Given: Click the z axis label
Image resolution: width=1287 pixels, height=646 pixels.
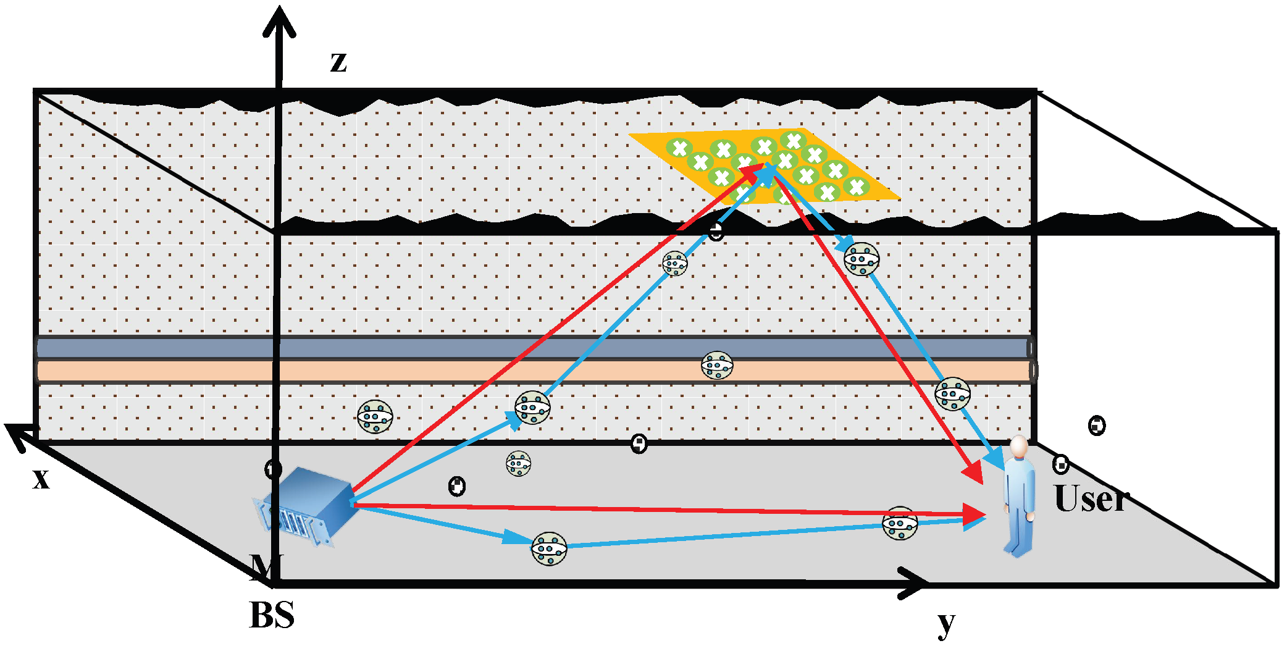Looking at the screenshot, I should tap(338, 62).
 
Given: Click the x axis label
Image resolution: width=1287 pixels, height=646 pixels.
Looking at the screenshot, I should tap(41, 479).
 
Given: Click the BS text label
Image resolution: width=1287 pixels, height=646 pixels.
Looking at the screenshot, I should tap(272, 615).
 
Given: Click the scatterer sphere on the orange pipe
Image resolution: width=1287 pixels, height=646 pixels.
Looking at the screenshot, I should tap(717, 366).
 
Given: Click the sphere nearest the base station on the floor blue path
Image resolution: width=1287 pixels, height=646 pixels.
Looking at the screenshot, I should tap(549, 548).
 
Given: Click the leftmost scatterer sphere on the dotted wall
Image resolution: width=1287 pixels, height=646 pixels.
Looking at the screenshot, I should tap(375, 417).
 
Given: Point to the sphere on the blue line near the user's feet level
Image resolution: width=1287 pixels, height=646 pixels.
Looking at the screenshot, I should tap(900, 524).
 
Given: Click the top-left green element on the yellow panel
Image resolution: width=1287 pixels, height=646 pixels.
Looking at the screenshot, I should tap(679, 148).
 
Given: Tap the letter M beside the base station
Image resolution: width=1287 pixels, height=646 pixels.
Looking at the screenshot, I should tap(266, 566).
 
